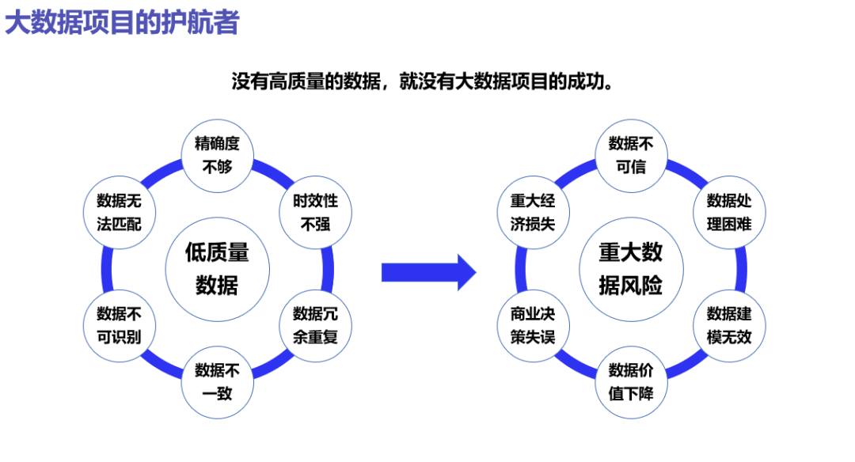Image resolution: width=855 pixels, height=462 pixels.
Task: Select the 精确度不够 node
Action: click(x=217, y=154)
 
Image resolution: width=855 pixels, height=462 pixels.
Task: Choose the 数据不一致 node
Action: click(x=217, y=381)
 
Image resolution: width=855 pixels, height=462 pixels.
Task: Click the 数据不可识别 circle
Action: click(x=119, y=325)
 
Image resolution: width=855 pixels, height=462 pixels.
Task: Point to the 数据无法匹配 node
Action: click(x=119, y=212)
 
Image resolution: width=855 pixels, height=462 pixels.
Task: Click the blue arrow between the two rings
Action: click(x=428, y=272)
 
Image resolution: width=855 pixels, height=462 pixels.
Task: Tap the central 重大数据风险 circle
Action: click(x=630, y=268)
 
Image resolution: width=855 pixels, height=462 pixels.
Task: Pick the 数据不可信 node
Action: click(x=630, y=154)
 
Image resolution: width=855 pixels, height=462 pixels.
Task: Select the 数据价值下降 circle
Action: click(x=630, y=381)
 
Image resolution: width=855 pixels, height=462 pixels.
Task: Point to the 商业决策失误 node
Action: click(x=532, y=325)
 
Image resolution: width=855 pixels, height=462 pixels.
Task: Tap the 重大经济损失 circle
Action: click(x=532, y=212)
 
